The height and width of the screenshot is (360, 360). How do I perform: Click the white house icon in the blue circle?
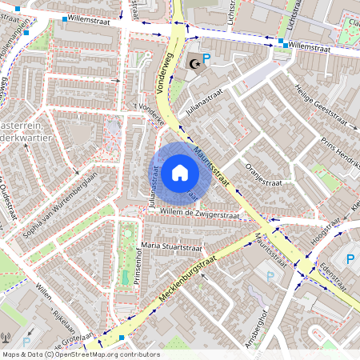(180, 172)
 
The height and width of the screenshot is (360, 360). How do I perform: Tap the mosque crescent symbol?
(192, 62)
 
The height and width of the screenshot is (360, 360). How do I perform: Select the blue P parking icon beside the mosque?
(206, 59)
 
